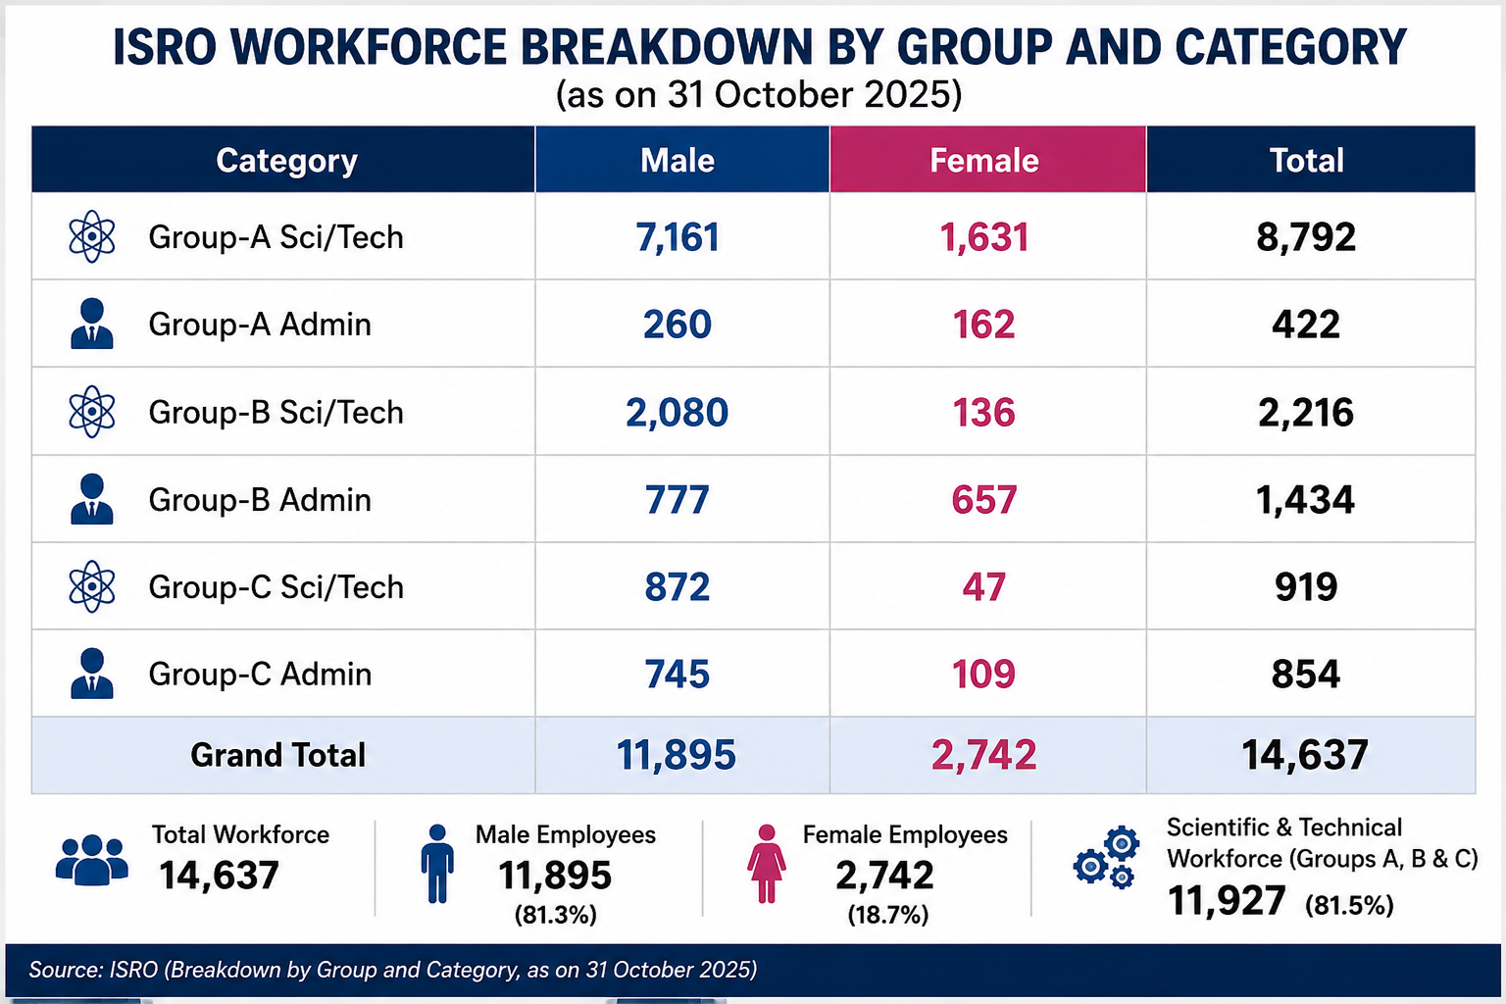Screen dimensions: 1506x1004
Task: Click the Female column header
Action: (x=984, y=160)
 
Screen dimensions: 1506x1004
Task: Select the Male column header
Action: (x=678, y=160)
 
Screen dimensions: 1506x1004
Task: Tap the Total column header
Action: (x=1306, y=160)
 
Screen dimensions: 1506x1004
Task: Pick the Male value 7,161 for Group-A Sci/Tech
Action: (x=678, y=237)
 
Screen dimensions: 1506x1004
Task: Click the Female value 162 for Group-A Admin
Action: (x=983, y=325)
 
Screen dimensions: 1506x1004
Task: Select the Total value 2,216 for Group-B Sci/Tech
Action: (x=1306, y=412)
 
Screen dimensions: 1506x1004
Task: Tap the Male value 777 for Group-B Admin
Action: (x=678, y=500)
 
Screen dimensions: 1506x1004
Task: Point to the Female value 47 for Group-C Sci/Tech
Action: (x=983, y=587)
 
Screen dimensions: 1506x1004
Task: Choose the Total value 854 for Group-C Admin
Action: (x=1306, y=674)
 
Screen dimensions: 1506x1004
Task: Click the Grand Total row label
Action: (x=277, y=755)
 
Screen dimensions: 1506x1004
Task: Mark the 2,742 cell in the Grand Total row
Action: (x=983, y=755)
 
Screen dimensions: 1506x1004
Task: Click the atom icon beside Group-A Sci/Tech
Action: (x=92, y=236)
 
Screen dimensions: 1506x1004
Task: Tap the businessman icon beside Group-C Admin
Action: (x=92, y=674)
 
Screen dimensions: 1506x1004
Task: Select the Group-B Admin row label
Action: (x=260, y=500)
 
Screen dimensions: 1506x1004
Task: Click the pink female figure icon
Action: (x=766, y=864)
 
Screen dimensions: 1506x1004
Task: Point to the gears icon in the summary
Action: (x=1106, y=857)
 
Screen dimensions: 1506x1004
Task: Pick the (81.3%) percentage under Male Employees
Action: (x=555, y=915)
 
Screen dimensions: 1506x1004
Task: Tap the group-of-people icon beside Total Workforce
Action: (x=92, y=860)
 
